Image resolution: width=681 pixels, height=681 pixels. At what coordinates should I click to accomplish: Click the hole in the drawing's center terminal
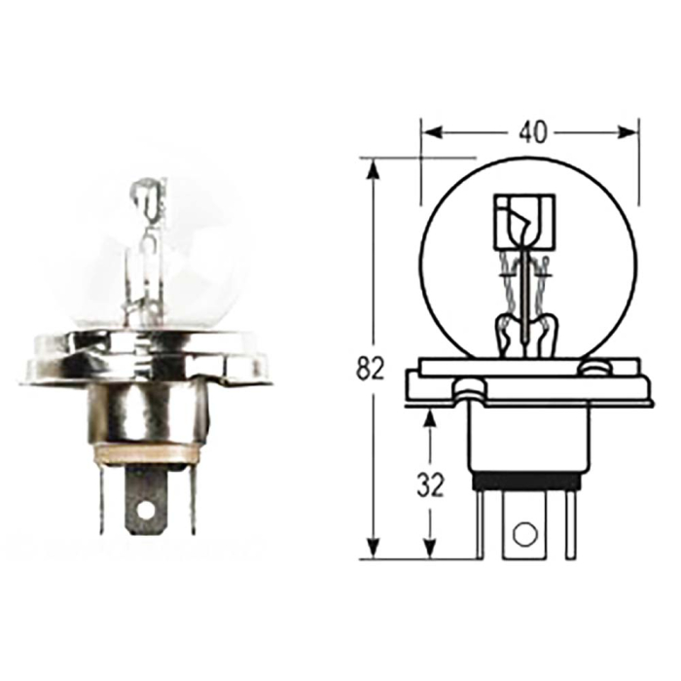pyautogui.click(x=525, y=533)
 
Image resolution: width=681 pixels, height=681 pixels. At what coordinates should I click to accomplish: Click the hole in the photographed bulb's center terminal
pyautogui.click(x=146, y=509)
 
